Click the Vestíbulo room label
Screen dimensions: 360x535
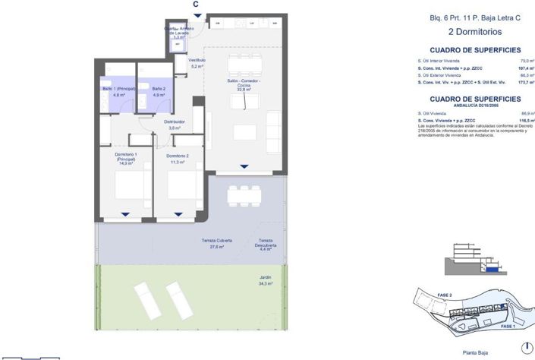(x=197, y=63)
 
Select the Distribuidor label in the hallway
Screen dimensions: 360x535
(x=175, y=125)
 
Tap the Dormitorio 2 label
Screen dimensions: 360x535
(x=178, y=159)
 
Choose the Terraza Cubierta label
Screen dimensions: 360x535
(x=216, y=243)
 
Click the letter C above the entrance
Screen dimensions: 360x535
(x=196, y=5)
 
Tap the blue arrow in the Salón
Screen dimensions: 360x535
(x=244, y=166)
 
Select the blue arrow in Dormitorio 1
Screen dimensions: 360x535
(x=125, y=214)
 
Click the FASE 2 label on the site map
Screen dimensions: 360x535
(x=445, y=295)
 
